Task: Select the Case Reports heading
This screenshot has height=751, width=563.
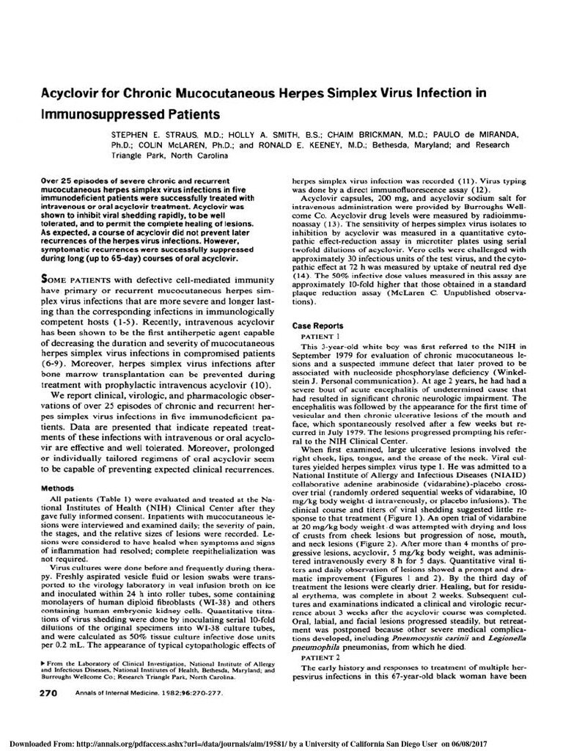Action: point(317,325)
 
